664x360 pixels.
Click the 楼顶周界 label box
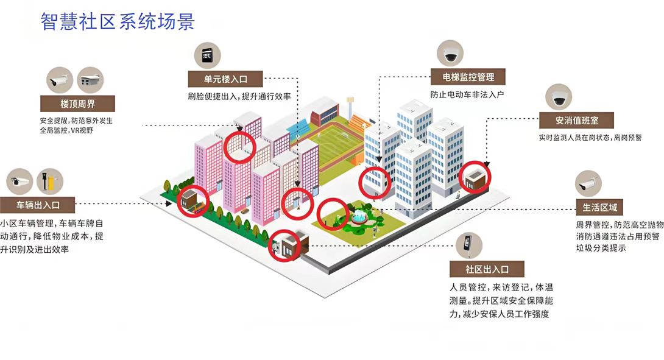pos(77,102)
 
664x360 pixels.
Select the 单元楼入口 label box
pos(225,79)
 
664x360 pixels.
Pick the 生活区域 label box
pos(599,207)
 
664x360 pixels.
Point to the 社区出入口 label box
pos(487,269)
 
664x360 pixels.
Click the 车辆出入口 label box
pos(38,203)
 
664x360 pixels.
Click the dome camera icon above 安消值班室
pos(559,97)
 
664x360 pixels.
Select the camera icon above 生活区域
pos(588,183)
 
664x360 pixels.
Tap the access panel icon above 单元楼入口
pos(207,55)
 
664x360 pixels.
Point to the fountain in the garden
pos(359,216)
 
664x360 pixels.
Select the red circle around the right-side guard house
pos(475,177)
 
